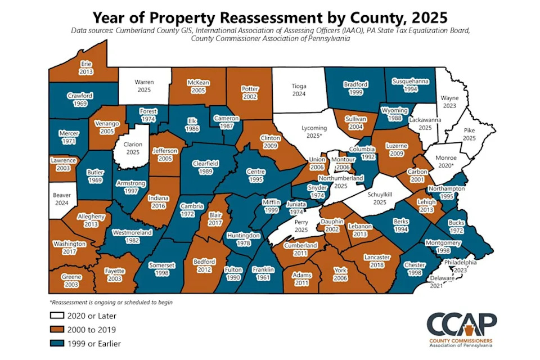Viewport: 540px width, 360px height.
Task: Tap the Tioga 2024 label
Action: [299, 90]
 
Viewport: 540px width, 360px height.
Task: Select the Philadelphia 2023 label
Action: [460, 265]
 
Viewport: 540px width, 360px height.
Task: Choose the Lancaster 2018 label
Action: [372, 260]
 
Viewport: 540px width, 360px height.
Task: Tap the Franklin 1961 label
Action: [263, 273]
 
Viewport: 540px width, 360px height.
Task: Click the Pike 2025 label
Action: [469, 134]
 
